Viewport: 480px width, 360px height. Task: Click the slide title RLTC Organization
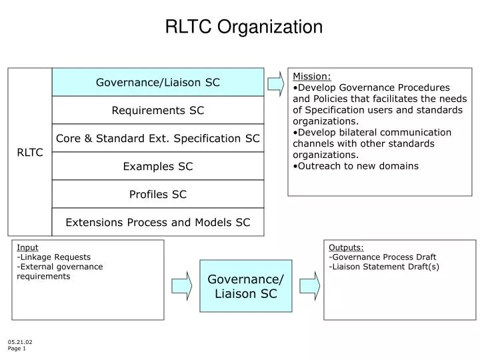243,27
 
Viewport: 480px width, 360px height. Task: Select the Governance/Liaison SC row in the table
158,82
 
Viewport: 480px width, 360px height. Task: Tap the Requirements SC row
158,110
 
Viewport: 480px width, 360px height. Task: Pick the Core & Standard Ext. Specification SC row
158,139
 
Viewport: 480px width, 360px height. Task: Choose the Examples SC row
158,167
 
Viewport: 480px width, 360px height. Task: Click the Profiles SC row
158,195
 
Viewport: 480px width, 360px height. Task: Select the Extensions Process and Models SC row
158,223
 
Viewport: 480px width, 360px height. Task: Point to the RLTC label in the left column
30,153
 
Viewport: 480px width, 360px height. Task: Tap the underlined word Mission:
312,76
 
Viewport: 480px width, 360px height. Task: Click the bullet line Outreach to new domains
357,166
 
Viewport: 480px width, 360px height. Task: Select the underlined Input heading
27,247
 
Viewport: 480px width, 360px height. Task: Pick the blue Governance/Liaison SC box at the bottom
246,285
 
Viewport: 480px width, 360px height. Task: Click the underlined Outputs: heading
346,247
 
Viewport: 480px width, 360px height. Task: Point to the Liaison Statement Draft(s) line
384,267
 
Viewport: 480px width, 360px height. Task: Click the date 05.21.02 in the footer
20,342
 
